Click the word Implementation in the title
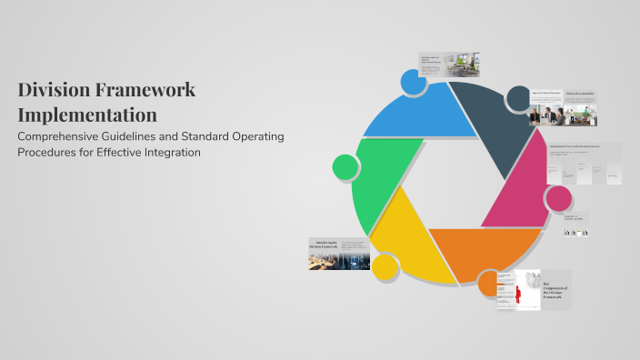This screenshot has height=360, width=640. click(x=87, y=115)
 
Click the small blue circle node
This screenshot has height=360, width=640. click(x=413, y=82)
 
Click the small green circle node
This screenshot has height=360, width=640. click(x=345, y=166)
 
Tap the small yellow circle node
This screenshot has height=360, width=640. click(x=385, y=266)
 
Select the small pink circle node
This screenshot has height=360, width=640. click(x=558, y=198)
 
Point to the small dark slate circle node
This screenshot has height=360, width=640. click(x=518, y=97)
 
